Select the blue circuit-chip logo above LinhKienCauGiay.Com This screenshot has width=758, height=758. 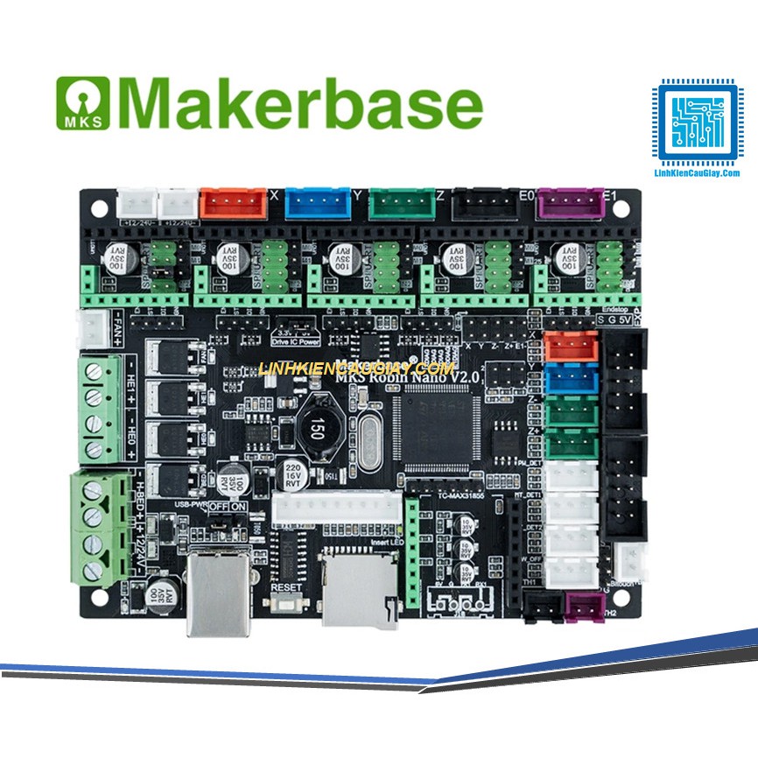[x=698, y=123]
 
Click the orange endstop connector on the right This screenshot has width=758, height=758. [x=571, y=348]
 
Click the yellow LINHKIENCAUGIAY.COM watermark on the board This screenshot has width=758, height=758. [x=356, y=369]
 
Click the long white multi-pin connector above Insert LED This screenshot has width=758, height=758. [x=334, y=509]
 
